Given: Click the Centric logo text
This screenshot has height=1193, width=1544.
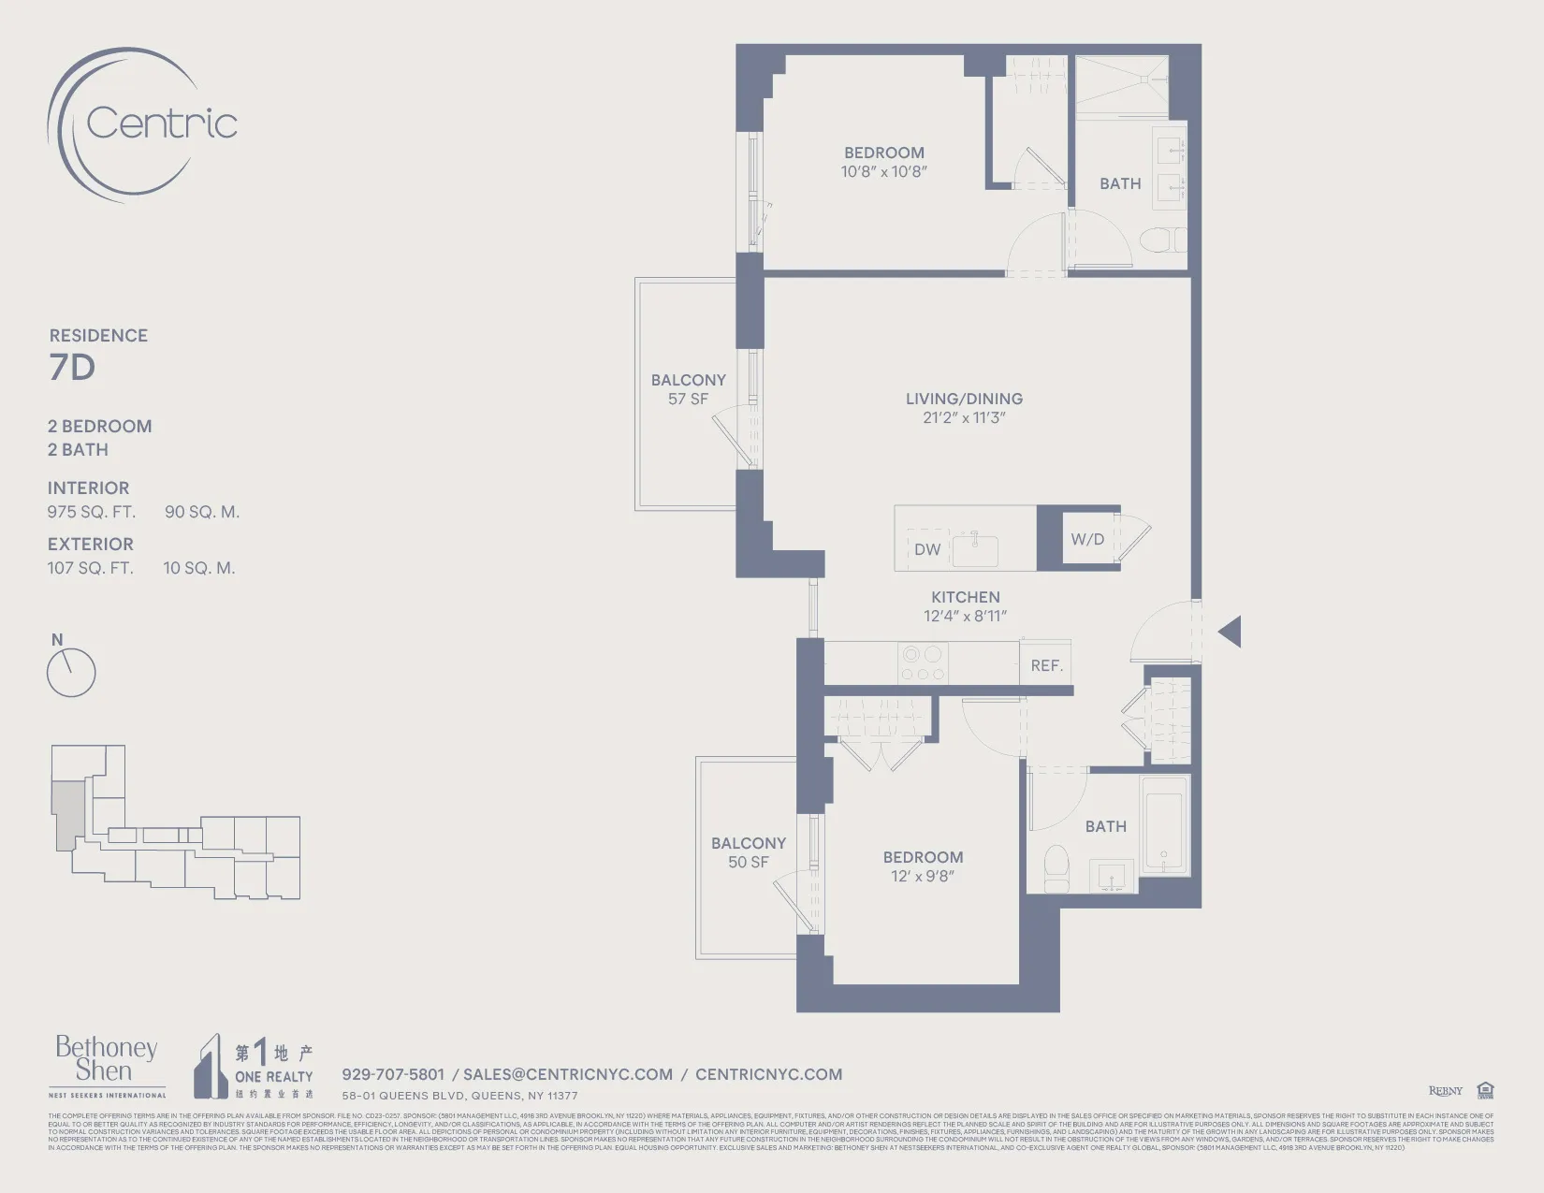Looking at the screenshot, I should [161, 124].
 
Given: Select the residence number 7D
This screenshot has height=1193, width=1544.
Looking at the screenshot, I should [72, 368].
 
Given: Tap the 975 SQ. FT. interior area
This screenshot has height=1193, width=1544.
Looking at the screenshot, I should [92, 512].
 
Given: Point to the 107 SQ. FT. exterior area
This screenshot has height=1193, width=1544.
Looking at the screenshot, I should [91, 568].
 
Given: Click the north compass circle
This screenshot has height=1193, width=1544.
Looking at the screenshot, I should [71, 673].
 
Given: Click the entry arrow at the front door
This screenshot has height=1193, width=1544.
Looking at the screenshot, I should [1231, 632].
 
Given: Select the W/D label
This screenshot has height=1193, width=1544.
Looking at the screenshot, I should [1087, 539].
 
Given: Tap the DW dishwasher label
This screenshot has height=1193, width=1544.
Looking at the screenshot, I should [927, 549].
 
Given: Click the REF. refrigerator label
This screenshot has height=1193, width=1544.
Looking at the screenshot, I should [1046, 665].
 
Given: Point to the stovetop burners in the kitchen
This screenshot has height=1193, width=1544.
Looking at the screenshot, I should [922, 663].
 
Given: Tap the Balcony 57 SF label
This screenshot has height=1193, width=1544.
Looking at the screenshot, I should [688, 389].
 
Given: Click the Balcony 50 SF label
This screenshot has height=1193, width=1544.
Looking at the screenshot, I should [748, 852].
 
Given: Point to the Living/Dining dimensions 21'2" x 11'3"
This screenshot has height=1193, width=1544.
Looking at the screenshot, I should [964, 418].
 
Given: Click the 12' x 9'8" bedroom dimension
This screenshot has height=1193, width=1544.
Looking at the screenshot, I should [922, 877].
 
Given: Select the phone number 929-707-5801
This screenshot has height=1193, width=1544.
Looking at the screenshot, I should [393, 1074].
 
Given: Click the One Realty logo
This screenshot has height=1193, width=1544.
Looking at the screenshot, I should [254, 1066].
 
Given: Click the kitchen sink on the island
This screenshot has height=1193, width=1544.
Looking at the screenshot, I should [975, 550].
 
